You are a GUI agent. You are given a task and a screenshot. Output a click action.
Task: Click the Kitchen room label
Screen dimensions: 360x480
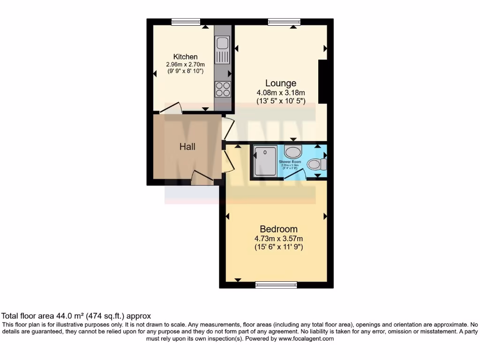click(185, 57)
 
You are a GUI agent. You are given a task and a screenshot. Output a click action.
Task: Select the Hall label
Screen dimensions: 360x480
click(187, 147)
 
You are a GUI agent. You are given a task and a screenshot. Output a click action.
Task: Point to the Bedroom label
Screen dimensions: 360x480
click(278, 229)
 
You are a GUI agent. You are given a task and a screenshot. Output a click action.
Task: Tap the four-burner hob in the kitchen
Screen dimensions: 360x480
click(222, 89)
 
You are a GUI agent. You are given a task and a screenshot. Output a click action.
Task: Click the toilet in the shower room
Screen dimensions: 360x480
click(316, 164)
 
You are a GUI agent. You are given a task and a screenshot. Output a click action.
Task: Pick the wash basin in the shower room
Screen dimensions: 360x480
click(293, 152)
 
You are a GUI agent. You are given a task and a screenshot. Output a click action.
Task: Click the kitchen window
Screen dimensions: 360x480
click(186, 21)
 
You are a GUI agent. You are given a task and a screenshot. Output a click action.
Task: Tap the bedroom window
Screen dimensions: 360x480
click(276, 285)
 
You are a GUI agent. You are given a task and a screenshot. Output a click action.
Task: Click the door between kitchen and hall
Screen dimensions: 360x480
click(171, 108)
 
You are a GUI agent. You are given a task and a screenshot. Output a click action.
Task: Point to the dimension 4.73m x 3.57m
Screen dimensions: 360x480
click(278, 239)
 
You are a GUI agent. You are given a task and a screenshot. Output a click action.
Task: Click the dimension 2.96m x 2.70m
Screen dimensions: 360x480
click(185, 65)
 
